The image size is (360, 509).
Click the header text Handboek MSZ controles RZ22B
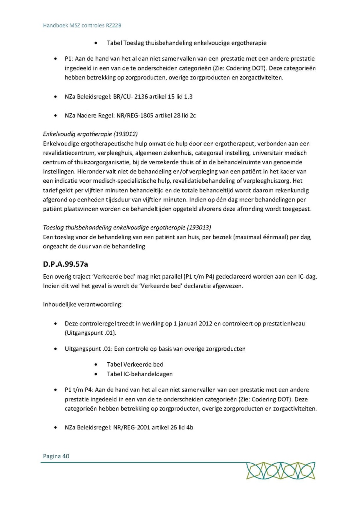click(x=82, y=25)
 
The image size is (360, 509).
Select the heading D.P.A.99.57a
click(x=68, y=264)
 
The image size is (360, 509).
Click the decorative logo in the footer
click(x=281, y=471)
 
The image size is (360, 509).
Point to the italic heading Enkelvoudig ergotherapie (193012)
click(x=93, y=134)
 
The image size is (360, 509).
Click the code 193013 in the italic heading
click(x=199, y=228)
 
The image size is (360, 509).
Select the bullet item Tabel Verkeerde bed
click(x=135, y=364)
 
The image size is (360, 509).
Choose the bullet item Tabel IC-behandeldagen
click(x=140, y=374)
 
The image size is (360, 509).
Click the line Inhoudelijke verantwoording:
click(x=83, y=304)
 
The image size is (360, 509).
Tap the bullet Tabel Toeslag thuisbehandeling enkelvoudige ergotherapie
click(x=186, y=42)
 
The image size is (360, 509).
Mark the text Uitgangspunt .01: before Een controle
click(x=88, y=349)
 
